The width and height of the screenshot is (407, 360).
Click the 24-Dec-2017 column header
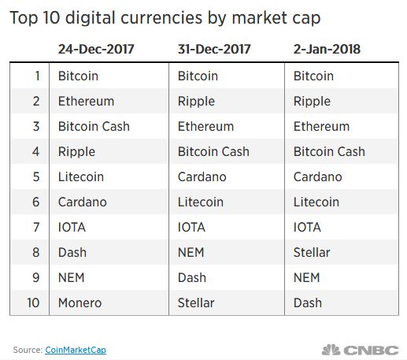pos(96,49)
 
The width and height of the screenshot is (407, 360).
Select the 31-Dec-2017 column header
pos(214,49)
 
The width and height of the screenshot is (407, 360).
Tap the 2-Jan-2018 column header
pos(327,49)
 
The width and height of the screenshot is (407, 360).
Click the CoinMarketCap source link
pos(76,350)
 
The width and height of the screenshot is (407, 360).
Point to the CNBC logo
pos(360,350)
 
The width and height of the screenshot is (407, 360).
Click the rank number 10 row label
pos(33,302)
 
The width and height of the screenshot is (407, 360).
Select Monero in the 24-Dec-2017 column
pos(80,302)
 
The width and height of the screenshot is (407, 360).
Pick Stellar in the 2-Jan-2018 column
pos(312,252)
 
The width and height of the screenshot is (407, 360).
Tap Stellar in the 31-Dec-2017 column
pos(196,302)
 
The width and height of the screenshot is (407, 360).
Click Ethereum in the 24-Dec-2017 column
pos(86,101)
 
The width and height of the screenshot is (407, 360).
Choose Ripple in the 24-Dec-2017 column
pos(76,152)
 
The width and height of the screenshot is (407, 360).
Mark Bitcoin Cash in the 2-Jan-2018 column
pos(329,151)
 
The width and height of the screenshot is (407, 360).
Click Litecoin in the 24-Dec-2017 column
pos(81,176)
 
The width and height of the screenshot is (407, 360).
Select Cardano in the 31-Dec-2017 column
pos(202,176)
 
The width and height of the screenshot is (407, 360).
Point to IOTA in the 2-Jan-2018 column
pos(307,227)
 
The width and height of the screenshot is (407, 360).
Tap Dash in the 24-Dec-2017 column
pos(72,252)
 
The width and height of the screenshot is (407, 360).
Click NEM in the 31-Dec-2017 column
pos(191,252)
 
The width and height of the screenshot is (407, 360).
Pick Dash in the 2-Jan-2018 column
pos(308,302)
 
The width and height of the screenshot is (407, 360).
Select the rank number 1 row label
pos(38,76)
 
